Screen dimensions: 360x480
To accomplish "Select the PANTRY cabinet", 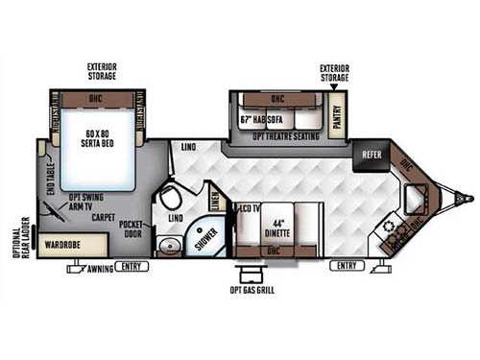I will click(x=337, y=116).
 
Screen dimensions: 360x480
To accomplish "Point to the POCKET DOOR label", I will click(x=132, y=229).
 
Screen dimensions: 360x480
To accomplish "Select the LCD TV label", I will click(x=250, y=207).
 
